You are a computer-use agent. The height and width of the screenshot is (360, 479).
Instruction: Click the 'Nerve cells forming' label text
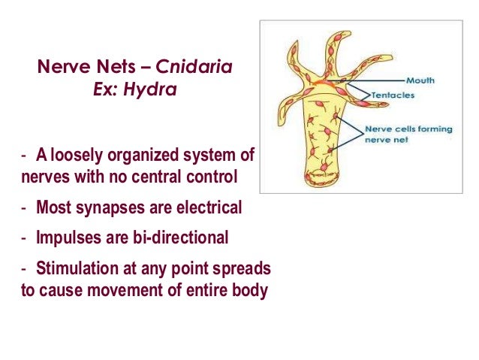pyautogui.click(x=409, y=129)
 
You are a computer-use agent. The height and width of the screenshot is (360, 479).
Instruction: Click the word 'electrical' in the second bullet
pyautogui.click(x=207, y=208)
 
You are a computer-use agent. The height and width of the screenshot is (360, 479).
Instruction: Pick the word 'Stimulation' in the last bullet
pyautogui.click(x=80, y=268)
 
